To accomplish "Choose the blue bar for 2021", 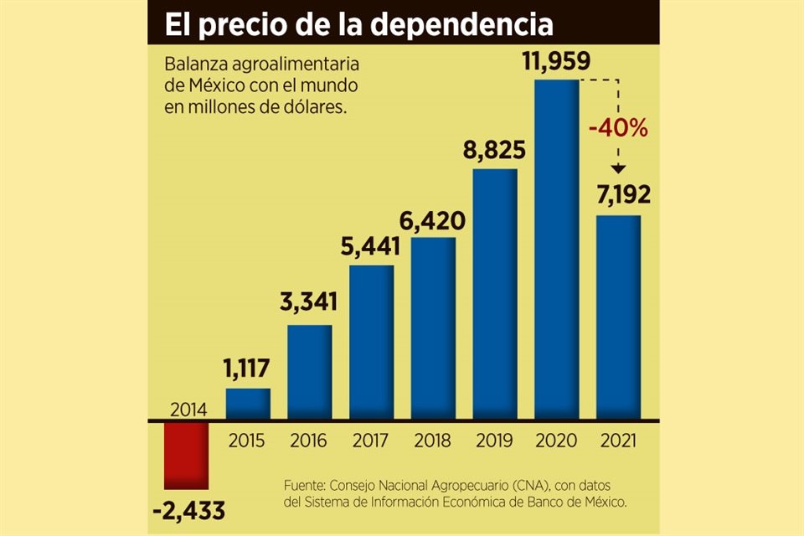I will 619,317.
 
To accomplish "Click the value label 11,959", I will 556,62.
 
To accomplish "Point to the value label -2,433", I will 189,510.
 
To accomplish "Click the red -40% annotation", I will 618,130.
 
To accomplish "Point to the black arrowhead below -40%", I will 618,167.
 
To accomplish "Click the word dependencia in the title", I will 461,24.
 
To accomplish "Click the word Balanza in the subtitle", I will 192,64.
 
